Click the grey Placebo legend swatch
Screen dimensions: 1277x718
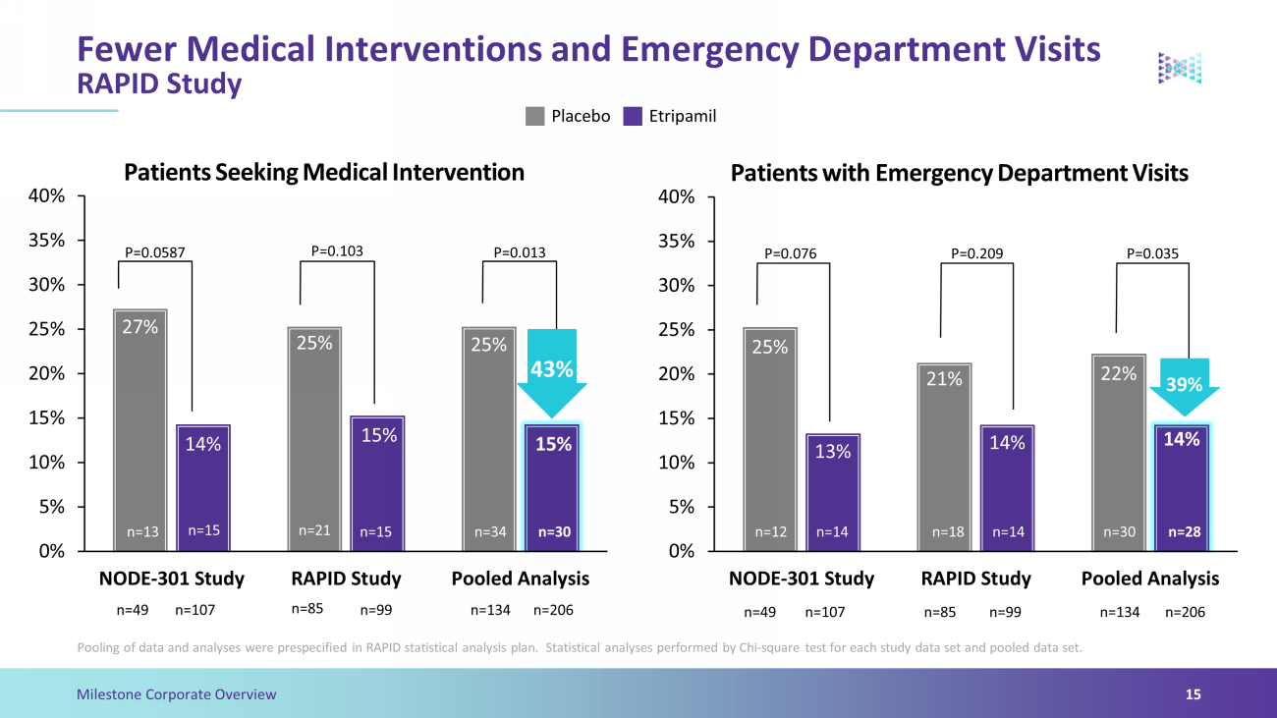coord(534,116)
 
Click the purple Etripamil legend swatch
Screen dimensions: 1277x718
coord(633,116)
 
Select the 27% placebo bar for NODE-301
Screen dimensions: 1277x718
coord(140,430)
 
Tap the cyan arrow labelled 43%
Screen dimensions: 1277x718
coord(552,373)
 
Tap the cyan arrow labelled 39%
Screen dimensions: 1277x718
coord(1185,387)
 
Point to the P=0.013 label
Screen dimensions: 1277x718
coord(520,252)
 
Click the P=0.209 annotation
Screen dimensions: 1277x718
coord(976,253)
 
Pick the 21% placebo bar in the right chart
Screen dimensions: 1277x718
coord(945,457)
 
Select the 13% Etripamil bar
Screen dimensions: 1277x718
coord(833,492)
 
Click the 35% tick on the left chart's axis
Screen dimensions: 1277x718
coord(47,241)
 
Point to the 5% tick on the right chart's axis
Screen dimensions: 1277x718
coord(682,507)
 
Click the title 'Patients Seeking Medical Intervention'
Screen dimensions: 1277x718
coord(324,173)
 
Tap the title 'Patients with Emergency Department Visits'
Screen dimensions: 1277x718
coord(960,173)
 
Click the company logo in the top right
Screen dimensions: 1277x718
coord(1180,69)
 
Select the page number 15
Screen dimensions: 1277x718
coord(1194,694)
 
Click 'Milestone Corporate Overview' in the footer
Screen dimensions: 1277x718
coord(176,694)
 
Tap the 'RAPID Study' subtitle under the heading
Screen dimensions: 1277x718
coord(159,83)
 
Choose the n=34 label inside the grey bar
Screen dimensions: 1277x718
coord(490,531)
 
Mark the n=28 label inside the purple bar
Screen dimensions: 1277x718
coord(1185,531)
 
